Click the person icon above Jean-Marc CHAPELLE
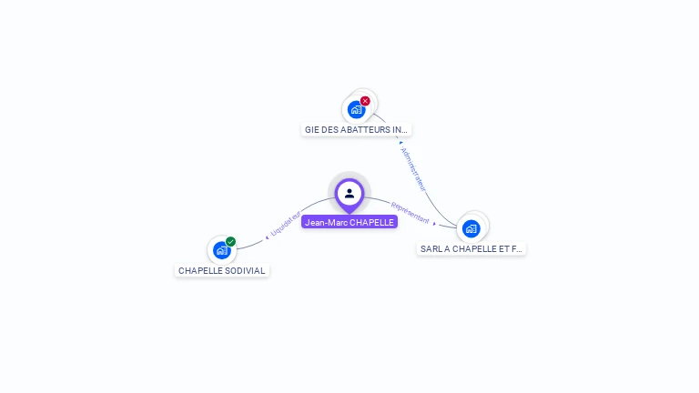coord(349,193)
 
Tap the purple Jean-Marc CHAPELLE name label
coord(349,222)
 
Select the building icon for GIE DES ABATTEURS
coord(356,109)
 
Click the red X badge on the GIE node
coord(365,101)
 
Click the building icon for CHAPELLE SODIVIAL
coord(221,250)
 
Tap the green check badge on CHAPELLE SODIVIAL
coord(231,242)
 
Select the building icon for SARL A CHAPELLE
coord(471,228)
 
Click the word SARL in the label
coord(430,248)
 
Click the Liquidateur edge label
coord(286,224)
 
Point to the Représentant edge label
coord(410,213)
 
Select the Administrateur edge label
coord(413,167)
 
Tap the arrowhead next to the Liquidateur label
coord(267,237)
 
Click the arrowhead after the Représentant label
coord(434,223)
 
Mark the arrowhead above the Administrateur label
coord(400,143)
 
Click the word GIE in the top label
coord(311,130)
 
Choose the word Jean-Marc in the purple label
coord(325,222)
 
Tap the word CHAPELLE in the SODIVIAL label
coord(199,271)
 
